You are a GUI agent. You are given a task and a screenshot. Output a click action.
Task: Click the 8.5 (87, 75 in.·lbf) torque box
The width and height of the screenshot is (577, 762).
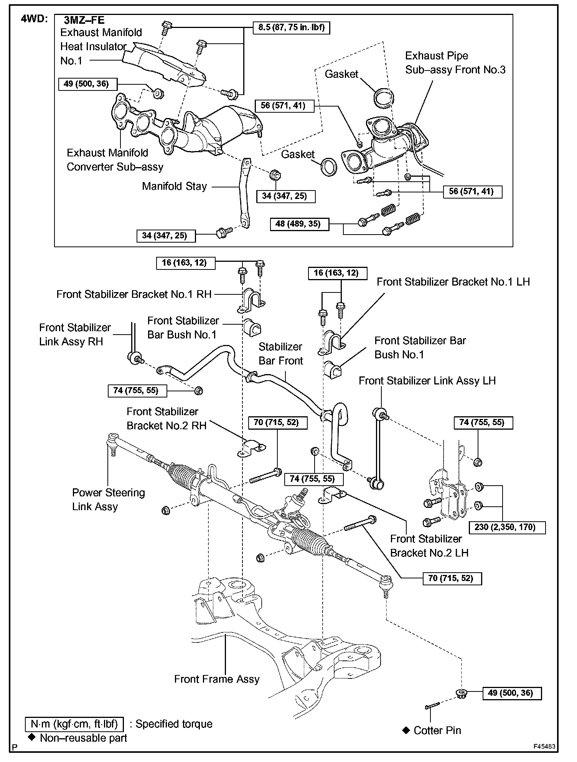[291, 28]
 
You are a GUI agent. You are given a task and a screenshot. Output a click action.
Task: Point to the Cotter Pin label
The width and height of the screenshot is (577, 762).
[437, 730]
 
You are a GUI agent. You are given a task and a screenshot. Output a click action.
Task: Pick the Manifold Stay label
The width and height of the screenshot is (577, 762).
[174, 186]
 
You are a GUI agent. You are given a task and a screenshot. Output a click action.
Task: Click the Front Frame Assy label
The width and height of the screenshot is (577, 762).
[217, 679]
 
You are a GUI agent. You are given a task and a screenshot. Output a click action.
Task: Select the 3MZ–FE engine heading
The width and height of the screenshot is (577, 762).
[84, 20]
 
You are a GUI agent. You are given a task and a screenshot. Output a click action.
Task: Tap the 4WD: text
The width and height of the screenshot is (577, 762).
[33, 19]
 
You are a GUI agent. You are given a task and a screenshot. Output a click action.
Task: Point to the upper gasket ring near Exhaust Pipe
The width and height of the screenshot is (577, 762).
[384, 97]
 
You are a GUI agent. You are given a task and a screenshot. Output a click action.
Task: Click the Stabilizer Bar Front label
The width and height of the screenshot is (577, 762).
[280, 353]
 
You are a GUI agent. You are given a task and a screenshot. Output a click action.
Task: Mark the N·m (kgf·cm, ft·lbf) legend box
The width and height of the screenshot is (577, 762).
[74, 724]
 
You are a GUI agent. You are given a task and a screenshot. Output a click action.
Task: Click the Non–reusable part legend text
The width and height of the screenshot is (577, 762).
[83, 738]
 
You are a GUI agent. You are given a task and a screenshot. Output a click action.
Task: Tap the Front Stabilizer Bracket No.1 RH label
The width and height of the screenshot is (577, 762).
[134, 294]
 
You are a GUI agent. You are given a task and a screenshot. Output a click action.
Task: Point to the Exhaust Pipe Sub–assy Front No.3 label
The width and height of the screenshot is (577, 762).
[455, 62]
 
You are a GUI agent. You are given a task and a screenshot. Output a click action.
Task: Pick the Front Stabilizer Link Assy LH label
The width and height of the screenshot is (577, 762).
[427, 381]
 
